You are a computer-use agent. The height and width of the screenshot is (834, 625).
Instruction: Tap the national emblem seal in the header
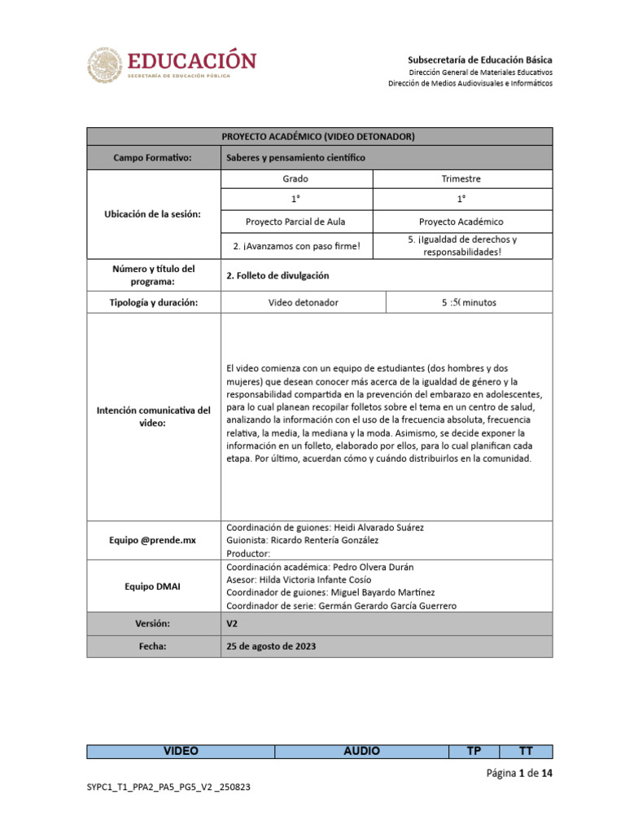105,65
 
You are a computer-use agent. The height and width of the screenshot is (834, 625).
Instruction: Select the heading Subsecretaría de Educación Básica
479,59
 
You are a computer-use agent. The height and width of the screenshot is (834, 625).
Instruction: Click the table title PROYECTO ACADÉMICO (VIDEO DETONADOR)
319,136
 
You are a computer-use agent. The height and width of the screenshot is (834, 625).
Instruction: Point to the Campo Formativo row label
153,157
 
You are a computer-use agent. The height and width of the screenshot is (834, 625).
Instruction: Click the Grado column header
295,178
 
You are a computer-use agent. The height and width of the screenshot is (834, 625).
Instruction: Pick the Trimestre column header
461,178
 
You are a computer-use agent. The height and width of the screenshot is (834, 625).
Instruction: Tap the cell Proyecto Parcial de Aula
295,222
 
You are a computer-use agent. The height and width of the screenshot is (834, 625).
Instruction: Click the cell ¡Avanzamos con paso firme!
295,246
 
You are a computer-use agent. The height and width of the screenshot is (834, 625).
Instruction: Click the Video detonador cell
303,302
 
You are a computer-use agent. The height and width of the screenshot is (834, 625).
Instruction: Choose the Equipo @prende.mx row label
153,539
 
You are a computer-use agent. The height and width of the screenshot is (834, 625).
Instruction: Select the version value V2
232,623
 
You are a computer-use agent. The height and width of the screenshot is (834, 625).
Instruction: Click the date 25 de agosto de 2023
270,646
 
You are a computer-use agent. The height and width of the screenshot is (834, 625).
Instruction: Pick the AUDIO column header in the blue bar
361,751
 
